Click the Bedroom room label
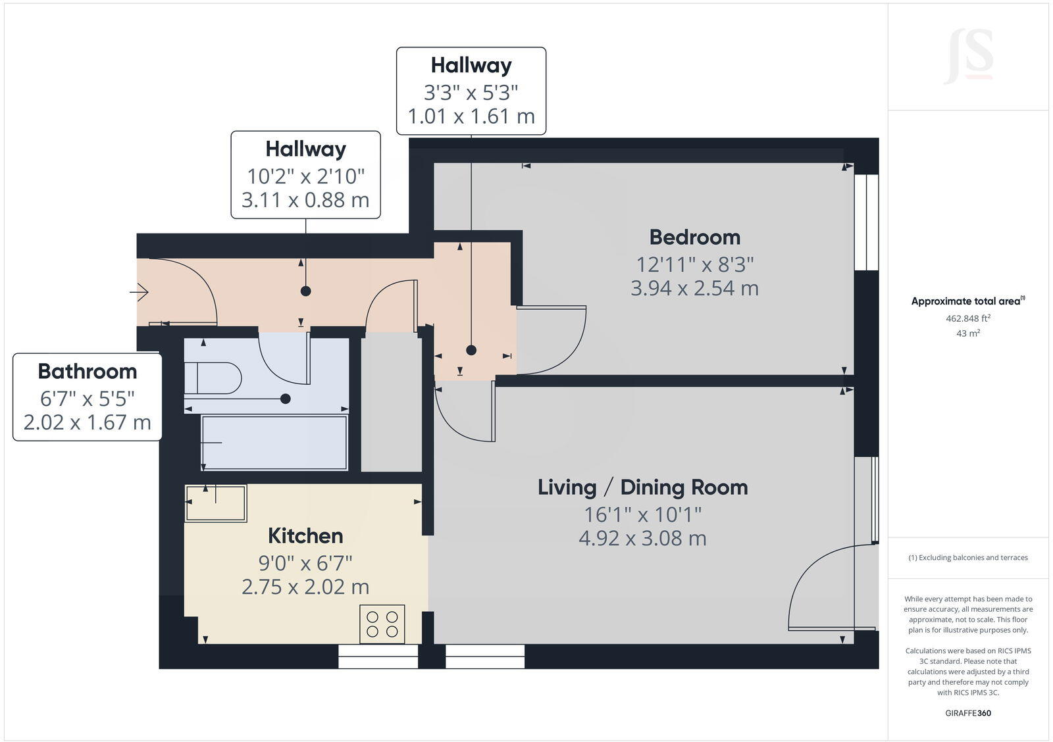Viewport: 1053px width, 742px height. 694,237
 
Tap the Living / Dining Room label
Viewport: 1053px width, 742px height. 642,487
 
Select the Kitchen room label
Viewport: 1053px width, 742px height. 305,536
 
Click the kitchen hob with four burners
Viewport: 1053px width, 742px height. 382,624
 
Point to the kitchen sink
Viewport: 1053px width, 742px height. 216,503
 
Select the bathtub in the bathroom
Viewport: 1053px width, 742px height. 274,443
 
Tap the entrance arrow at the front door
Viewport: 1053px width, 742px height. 139,291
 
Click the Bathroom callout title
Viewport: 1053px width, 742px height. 88,372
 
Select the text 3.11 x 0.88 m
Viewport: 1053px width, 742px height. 305,200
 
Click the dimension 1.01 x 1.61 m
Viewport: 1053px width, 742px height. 471,116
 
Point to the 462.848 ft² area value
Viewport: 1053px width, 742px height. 967,318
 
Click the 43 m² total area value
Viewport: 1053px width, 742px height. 967,334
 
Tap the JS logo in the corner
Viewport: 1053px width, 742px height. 968,57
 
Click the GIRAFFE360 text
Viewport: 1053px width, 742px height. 967,713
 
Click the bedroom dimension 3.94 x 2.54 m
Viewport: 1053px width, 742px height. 694,288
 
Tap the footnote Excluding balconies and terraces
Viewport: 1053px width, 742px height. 967,558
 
